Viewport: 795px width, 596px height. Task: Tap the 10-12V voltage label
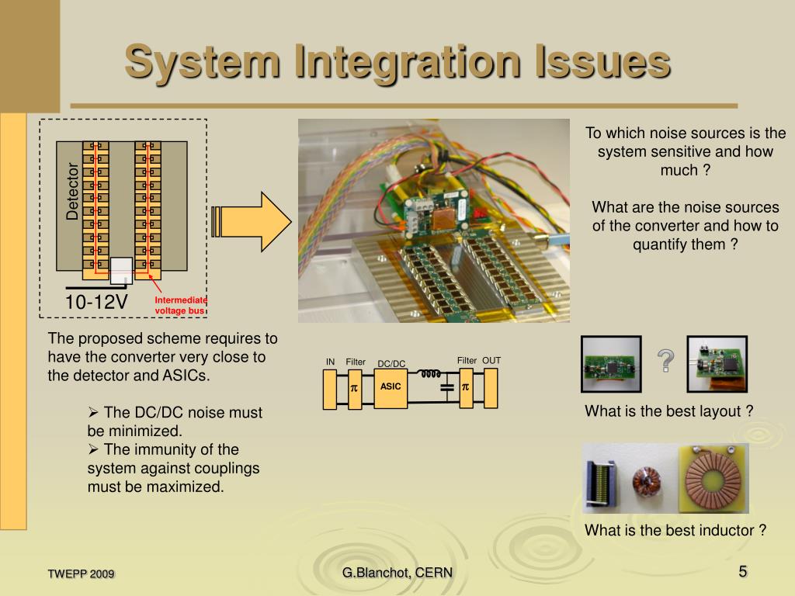[96, 302]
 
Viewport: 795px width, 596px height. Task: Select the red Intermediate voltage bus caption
[180, 305]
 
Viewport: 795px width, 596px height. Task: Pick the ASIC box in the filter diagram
[391, 386]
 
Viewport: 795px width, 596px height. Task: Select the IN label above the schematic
[330, 362]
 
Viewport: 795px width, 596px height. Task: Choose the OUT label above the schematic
[491, 361]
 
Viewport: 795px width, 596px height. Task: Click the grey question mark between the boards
[665, 360]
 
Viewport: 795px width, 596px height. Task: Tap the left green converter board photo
[612, 363]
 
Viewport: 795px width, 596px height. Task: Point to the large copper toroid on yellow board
[713, 478]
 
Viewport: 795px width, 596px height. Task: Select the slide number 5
[743, 572]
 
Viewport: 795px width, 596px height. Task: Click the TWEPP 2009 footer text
[81, 574]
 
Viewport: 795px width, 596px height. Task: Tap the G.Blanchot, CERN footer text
[397, 573]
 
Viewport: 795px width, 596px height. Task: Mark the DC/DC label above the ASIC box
[391, 364]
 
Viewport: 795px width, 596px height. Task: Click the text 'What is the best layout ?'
[668, 411]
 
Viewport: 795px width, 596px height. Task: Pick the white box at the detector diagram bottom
[122, 271]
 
